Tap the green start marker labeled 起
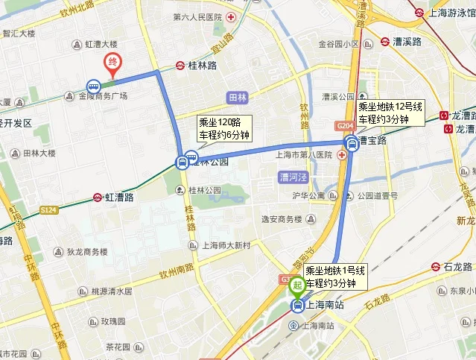tap(296, 284)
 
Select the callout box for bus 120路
tap(223, 129)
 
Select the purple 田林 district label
tap(238, 97)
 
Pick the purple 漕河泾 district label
tap(293, 177)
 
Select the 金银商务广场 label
tap(104, 96)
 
